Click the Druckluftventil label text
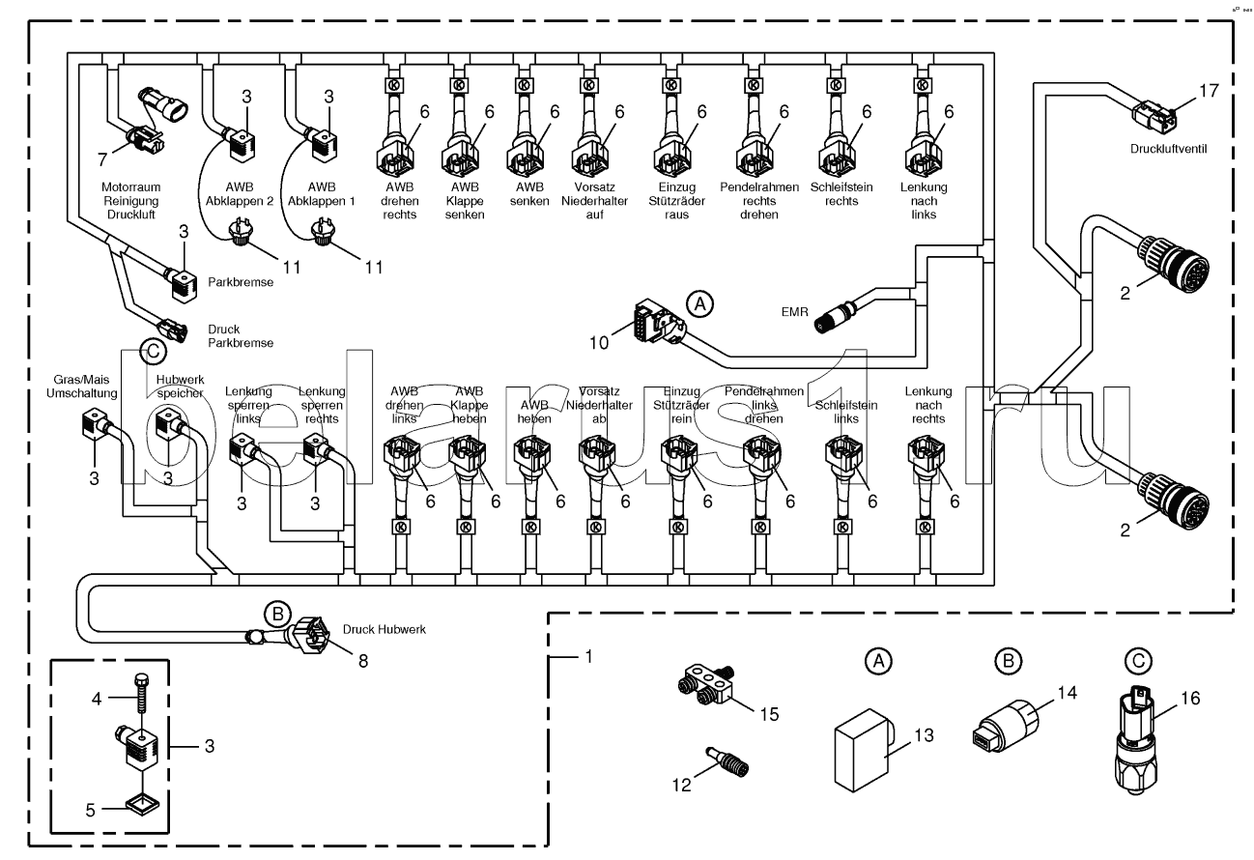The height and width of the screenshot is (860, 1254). click(1172, 150)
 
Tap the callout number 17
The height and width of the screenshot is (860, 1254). click(1209, 91)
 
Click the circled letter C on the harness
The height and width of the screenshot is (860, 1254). click(151, 353)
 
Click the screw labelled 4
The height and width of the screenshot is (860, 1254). click(142, 692)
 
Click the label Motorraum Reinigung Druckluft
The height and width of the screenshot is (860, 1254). click(128, 199)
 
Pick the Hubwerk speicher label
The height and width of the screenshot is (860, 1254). click(178, 387)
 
